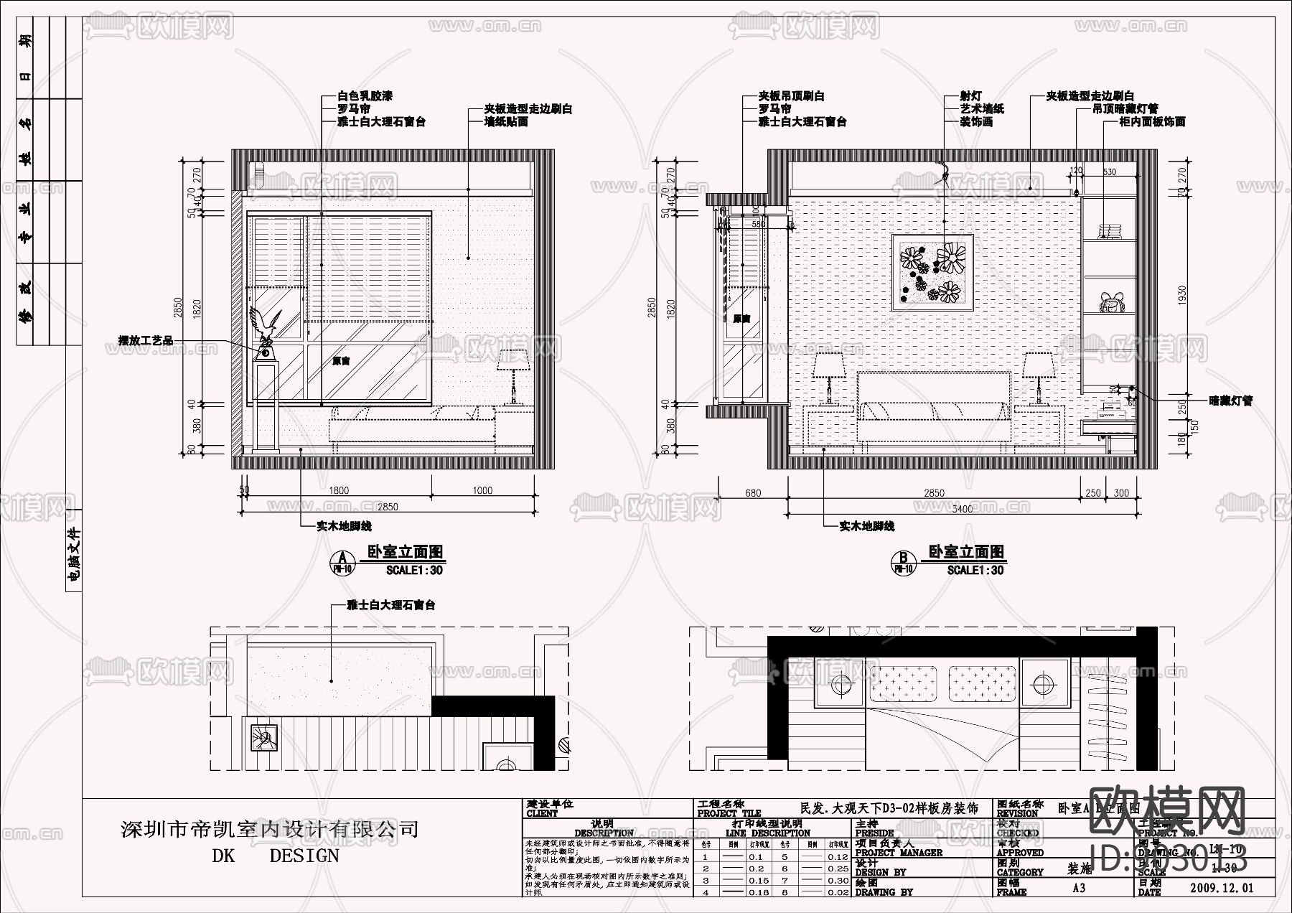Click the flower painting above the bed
(x=932, y=272)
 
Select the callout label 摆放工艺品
(x=146, y=340)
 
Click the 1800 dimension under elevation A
(x=339, y=490)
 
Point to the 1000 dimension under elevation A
(x=482, y=490)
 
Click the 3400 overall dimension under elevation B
(x=962, y=509)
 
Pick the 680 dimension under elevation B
(x=753, y=493)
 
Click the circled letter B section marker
(x=904, y=558)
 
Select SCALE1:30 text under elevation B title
(x=975, y=570)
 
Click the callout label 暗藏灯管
(x=1230, y=401)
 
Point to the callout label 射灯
(x=971, y=96)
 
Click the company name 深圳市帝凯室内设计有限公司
(x=270, y=830)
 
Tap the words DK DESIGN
(x=276, y=856)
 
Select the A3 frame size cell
(x=1079, y=888)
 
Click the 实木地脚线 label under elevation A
(x=344, y=526)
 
